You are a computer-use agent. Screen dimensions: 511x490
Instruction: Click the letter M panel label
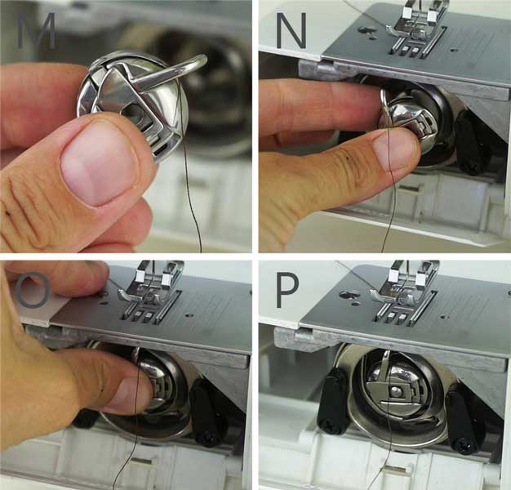click(36, 31)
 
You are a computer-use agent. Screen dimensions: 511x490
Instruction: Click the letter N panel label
click(291, 31)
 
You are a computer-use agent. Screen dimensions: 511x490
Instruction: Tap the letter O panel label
click(33, 291)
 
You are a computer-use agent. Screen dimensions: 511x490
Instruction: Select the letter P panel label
click(287, 291)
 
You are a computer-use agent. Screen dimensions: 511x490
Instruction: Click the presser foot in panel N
click(413, 25)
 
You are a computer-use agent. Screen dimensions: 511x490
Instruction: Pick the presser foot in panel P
click(404, 289)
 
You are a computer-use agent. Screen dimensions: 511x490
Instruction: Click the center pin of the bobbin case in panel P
click(396, 390)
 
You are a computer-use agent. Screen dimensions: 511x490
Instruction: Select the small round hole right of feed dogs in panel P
click(445, 317)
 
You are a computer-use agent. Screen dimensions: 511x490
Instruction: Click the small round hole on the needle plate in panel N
click(452, 50)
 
